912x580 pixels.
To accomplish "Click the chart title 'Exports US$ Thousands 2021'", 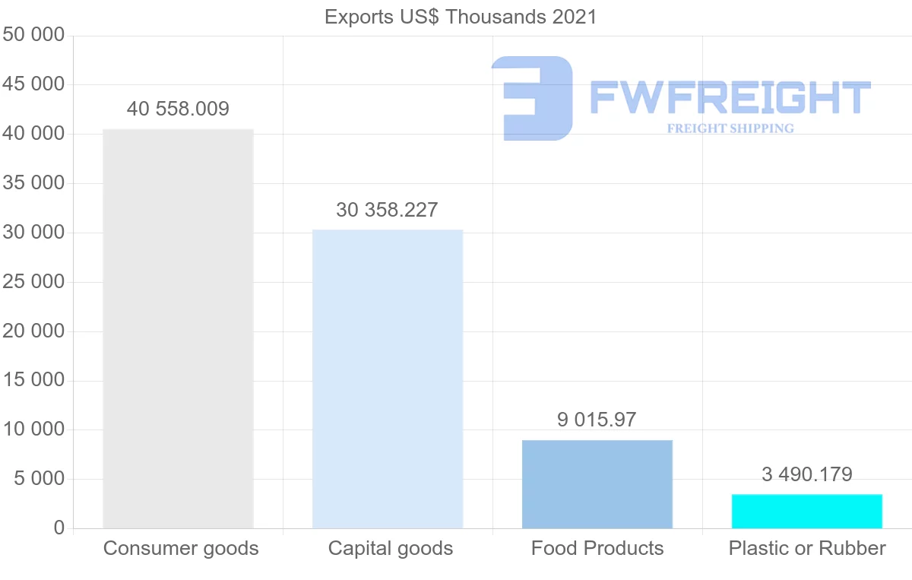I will click(461, 17).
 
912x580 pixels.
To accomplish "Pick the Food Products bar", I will click(597, 484).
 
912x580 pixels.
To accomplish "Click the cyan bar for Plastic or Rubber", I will click(807, 512).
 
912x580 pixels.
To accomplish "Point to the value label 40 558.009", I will click(178, 109).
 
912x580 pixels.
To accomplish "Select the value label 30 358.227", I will click(388, 210).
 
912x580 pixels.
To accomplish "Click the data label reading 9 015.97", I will click(597, 419).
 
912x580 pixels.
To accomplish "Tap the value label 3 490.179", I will click(807, 474).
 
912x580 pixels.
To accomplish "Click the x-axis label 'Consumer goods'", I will click(181, 548).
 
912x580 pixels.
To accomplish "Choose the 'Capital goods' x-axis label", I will click(391, 548).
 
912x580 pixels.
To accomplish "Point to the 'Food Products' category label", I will click(597, 548).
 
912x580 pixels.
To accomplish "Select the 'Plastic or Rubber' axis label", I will click(807, 548).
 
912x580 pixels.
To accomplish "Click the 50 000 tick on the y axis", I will click(33, 36).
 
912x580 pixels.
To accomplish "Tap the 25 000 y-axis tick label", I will click(33, 282).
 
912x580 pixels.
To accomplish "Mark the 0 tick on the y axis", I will click(59, 528).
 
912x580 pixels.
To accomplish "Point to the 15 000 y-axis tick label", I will click(33, 381).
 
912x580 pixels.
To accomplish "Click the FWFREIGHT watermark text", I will click(730, 98).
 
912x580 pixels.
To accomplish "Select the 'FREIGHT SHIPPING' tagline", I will click(730, 128).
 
